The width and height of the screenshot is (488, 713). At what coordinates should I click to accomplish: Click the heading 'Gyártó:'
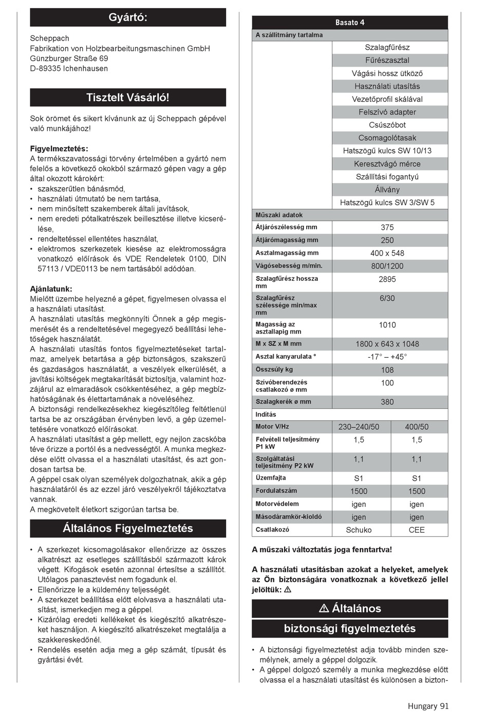pos(128,17)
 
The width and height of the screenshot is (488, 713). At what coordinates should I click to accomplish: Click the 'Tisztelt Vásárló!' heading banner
pos(128,98)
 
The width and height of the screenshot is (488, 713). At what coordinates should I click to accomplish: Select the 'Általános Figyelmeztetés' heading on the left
pos(128,528)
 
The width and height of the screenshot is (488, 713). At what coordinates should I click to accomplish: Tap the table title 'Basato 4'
pos(350,23)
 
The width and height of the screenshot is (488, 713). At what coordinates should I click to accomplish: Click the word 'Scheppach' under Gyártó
pos(50,39)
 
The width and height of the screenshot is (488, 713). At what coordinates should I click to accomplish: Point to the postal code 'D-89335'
pos(45,68)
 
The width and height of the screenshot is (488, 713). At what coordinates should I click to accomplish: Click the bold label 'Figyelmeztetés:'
pos(59,149)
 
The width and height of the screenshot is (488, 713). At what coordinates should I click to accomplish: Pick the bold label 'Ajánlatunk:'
pos(51,289)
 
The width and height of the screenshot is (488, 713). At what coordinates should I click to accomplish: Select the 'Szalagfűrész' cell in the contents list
pos(387,47)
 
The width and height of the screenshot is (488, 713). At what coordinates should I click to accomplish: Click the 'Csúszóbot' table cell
pos(387,125)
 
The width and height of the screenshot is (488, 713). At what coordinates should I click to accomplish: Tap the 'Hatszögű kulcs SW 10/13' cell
pos(387,151)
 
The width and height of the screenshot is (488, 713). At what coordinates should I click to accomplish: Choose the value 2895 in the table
pos(387,279)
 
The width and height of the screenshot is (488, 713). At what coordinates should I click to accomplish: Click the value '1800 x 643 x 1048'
pos(387,344)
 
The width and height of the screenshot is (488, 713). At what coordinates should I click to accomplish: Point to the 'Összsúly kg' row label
pos(274,370)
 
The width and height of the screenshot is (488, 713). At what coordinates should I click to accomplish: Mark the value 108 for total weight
pos(387,370)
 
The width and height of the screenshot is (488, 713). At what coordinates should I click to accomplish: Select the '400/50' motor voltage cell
pos(417,427)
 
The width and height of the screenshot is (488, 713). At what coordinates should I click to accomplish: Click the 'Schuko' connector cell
pos(359,530)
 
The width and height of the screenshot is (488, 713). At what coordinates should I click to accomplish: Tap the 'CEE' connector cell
pos(417,530)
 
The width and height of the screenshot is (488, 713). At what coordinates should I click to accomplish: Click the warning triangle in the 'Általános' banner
pos(324,609)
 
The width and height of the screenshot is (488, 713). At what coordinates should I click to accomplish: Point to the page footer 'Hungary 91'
pos(428,706)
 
